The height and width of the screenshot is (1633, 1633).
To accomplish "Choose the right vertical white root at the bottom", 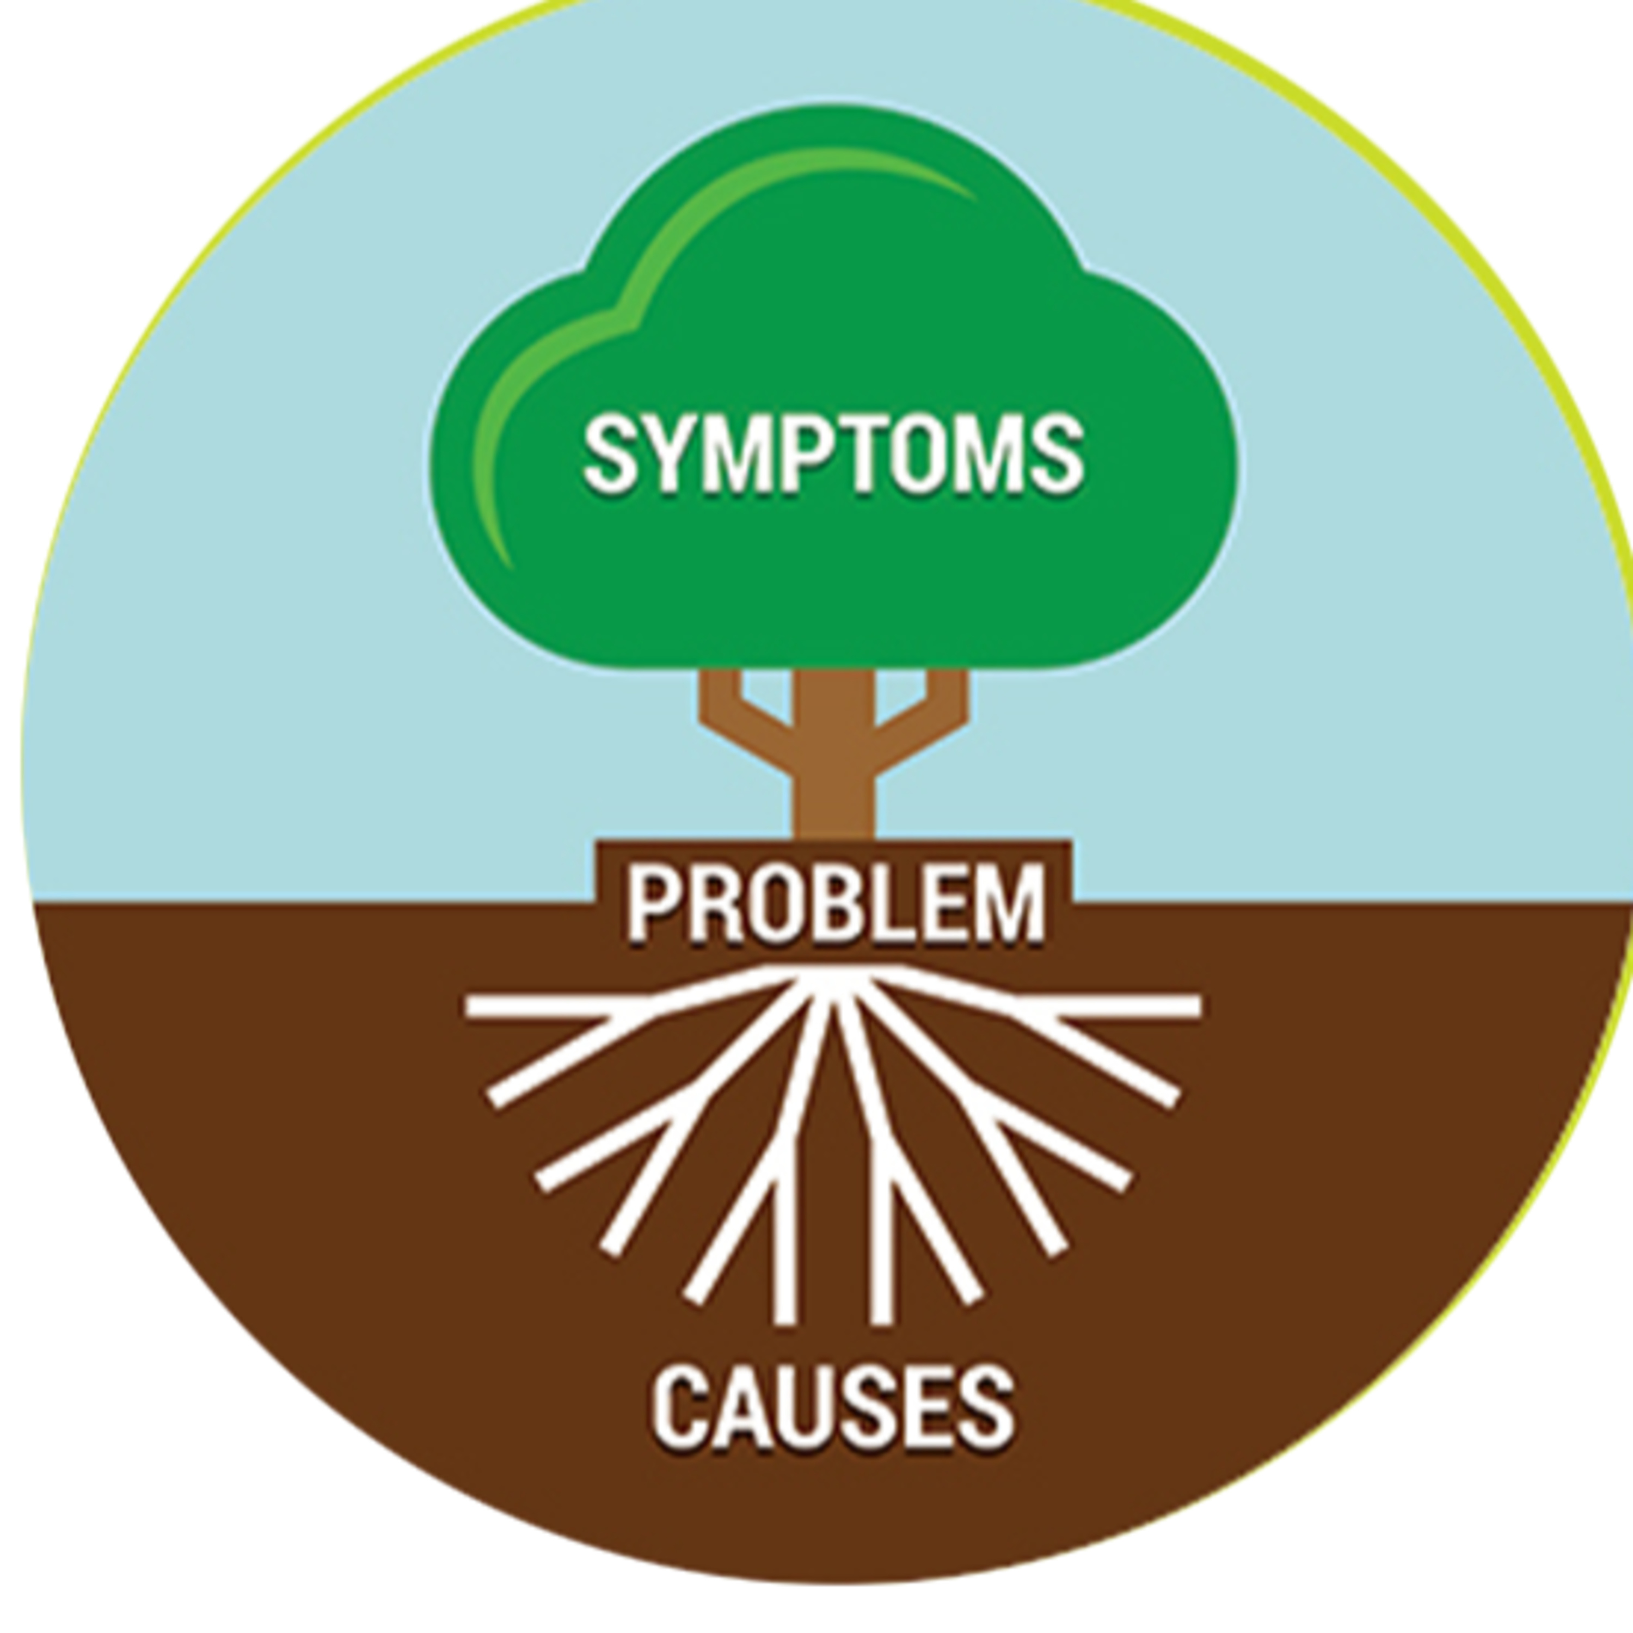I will click(x=882, y=1251).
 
